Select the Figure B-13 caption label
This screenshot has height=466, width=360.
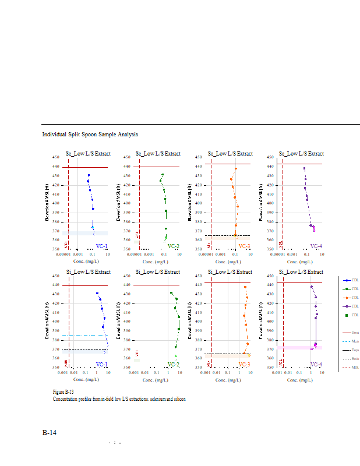[63, 393]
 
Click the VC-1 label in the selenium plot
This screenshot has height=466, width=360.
[101, 246]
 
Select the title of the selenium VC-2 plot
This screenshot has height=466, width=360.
[158, 154]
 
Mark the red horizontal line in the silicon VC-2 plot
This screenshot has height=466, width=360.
[157, 285]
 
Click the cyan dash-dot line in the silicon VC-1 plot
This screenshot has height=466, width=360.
[82, 335]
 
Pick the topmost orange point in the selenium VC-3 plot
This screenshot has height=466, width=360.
[236, 169]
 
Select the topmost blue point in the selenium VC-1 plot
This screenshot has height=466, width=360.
[89, 175]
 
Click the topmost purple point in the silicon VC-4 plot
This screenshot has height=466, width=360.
[312, 287]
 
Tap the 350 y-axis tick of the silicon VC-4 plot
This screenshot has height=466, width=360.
[272, 367]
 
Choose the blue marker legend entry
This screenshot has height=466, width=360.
[348, 280]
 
